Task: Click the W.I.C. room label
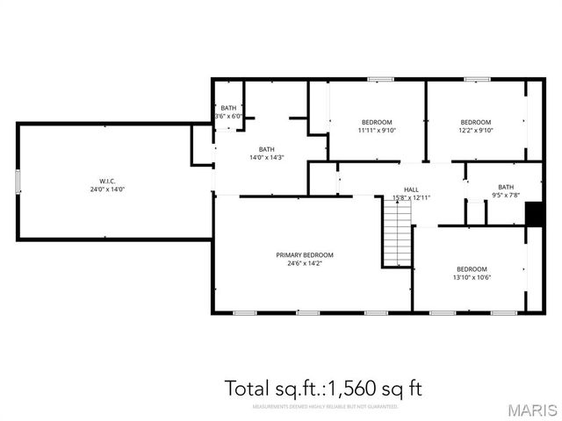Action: pyautogui.click(x=107, y=181)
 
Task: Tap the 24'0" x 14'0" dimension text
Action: pyautogui.click(x=107, y=189)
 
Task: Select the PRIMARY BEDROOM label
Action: pyautogui.click(x=305, y=255)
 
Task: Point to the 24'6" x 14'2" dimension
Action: pyautogui.click(x=305, y=263)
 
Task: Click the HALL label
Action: pyautogui.click(x=411, y=189)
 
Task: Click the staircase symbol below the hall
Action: pyautogui.click(x=397, y=232)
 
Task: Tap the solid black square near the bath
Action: pyautogui.click(x=533, y=214)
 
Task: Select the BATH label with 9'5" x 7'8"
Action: pyautogui.click(x=506, y=187)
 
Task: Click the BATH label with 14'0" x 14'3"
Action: pyautogui.click(x=266, y=149)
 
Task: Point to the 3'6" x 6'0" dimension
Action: pyautogui.click(x=229, y=116)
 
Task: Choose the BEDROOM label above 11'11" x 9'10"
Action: pyautogui.click(x=377, y=122)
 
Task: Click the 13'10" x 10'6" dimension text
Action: pyautogui.click(x=472, y=277)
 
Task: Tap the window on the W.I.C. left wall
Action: pyautogui.click(x=17, y=182)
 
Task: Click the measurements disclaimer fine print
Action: pyautogui.click(x=325, y=407)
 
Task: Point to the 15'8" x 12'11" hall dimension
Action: pyautogui.click(x=411, y=197)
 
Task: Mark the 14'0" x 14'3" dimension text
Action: pyautogui.click(x=266, y=158)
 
